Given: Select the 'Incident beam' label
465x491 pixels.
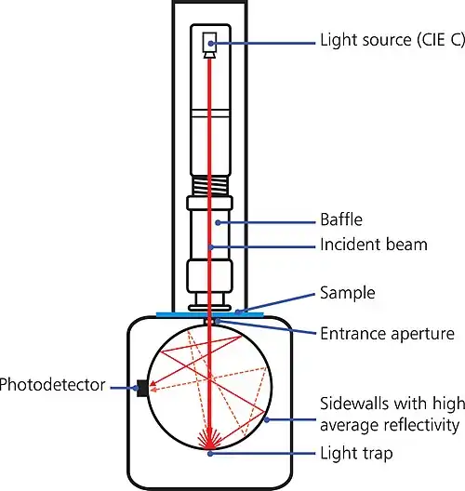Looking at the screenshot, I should pos(373,245).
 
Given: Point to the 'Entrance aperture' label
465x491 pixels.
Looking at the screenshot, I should pos(387,333).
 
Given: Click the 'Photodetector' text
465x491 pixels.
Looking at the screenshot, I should pos(51,383).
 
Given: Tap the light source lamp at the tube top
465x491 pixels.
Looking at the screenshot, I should pos(210,42).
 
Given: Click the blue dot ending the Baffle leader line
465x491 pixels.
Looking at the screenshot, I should pos(219,223).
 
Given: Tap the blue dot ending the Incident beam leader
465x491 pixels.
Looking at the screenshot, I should pos(212,246).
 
